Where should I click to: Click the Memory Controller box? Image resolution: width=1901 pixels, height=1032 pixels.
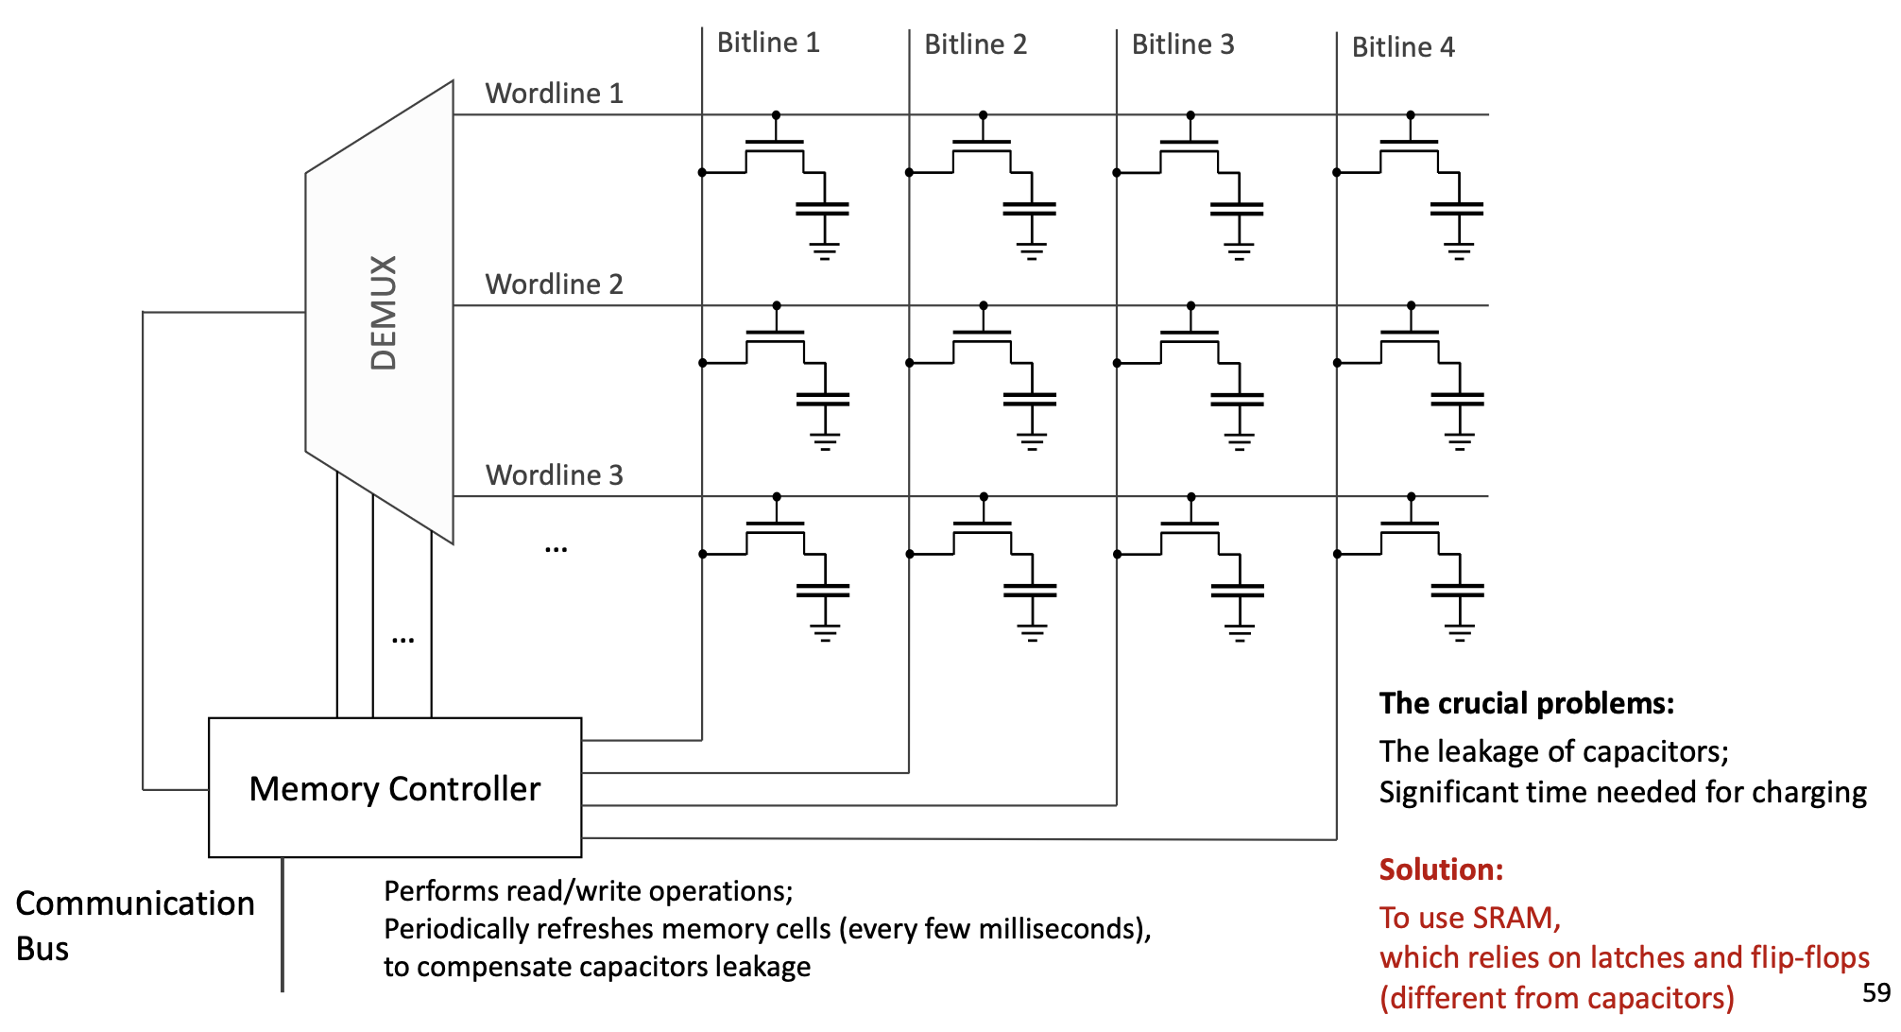tap(394, 787)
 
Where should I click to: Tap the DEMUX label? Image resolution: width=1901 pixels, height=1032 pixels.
tap(384, 312)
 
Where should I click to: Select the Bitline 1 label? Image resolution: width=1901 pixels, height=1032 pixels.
tap(767, 43)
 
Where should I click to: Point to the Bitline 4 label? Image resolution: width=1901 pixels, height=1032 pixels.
tap(1402, 47)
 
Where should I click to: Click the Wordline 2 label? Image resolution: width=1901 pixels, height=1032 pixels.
tap(554, 284)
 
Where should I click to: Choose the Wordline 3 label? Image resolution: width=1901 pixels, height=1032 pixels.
tap(554, 475)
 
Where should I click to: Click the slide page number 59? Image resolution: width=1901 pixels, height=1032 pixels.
tap(1875, 992)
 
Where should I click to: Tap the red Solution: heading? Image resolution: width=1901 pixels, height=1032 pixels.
tap(1440, 869)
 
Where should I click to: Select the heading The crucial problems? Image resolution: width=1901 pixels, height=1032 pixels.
tap(1526, 703)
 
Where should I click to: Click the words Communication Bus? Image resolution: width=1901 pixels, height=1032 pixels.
tap(134, 924)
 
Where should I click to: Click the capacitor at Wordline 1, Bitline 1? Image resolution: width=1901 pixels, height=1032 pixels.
tap(822, 209)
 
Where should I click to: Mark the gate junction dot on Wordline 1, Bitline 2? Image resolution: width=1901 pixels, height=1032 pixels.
tap(983, 115)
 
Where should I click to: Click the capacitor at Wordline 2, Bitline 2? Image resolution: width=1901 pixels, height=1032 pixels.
tap(1030, 400)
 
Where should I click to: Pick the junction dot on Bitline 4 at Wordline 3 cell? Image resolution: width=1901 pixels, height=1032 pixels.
tap(1337, 554)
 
